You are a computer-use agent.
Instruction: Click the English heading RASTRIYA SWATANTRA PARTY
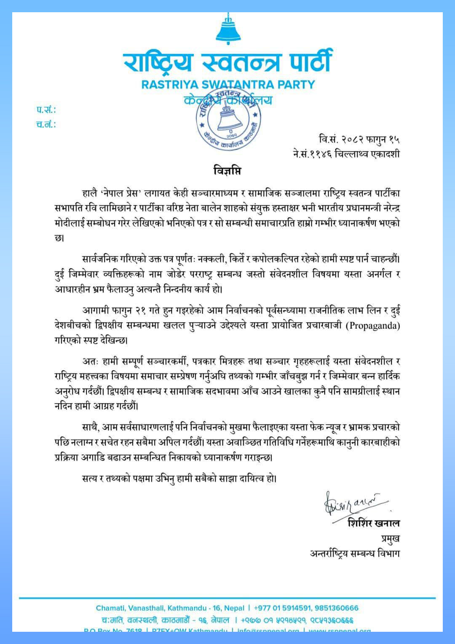228,84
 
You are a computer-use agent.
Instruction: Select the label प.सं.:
46,110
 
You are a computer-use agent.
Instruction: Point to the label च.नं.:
46,124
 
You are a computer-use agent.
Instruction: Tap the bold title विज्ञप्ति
227,171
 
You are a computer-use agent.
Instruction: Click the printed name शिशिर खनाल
374,523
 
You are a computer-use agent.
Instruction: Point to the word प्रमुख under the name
390,538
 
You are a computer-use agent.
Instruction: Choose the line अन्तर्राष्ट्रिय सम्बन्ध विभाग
355,553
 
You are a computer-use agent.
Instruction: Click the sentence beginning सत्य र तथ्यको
179,479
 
